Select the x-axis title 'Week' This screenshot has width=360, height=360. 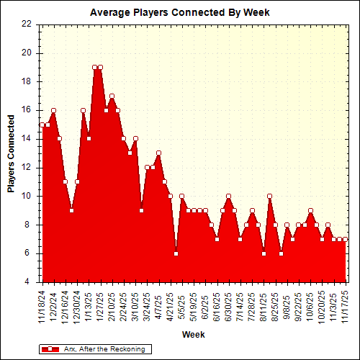pos(193,335)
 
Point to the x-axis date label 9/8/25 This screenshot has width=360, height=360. pos(287,307)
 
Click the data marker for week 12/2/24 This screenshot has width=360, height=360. pos(54,110)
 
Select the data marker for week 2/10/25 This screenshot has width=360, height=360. pos(112,96)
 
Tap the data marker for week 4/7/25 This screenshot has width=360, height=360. pos(158,153)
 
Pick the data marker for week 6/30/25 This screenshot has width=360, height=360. pos(228,196)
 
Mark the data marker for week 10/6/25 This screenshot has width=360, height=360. pos(310,210)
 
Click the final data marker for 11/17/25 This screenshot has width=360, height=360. pos(345,239)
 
